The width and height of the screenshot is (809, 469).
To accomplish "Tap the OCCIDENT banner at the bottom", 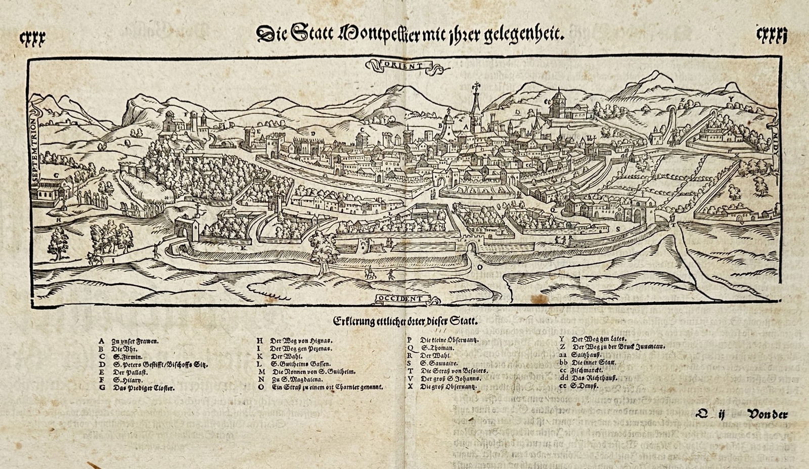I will coord(403,299).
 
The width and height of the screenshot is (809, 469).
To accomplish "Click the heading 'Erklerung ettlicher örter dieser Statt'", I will coord(405,321).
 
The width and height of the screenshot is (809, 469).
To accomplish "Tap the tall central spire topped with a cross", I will coord(475,106).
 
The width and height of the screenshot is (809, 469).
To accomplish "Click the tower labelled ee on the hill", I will coord(558,104).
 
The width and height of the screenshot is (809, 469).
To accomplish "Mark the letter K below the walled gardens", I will coord(243,248).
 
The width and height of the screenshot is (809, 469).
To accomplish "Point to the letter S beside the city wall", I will coord(618,229).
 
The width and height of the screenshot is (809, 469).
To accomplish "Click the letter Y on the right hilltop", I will coord(730,99).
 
